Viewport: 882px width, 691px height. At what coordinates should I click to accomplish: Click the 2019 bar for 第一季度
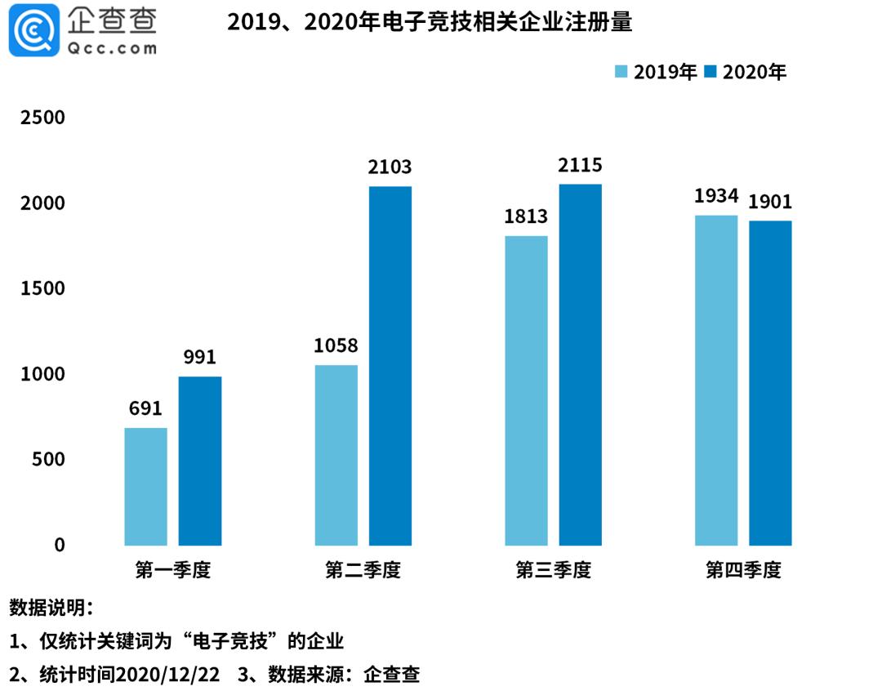[x=145, y=487]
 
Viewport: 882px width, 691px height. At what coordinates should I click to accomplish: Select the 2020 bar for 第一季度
[x=200, y=461]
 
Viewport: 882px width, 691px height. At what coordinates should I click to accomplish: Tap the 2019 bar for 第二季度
[x=336, y=455]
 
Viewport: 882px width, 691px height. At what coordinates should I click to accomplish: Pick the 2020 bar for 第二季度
[x=390, y=366]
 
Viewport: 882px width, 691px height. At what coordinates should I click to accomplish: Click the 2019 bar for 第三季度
[x=526, y=390]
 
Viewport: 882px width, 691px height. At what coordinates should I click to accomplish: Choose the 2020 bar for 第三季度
[x=581, y=365]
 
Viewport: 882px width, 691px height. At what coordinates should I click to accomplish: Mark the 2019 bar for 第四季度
[x=716, y=381]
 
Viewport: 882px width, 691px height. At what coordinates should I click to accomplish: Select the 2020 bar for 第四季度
[x=770, y=383]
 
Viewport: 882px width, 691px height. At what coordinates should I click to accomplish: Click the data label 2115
[x=581, y=166]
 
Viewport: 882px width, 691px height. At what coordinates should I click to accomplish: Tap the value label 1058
[x=336, y=346]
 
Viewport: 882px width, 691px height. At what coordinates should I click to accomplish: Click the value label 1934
[x=716, y=197]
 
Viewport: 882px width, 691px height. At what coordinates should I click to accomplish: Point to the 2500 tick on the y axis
[x=43, y=118]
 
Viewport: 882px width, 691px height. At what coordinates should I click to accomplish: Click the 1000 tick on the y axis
[x=43, y=374]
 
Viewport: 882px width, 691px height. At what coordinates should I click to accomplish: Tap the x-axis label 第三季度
[x=553, y=569]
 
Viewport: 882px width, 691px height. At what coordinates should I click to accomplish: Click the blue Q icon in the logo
[x=34, y=30]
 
